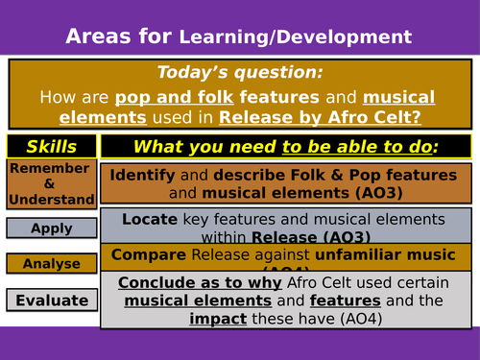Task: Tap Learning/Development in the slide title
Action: pos(297,37)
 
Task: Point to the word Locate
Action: pos(151,219)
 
